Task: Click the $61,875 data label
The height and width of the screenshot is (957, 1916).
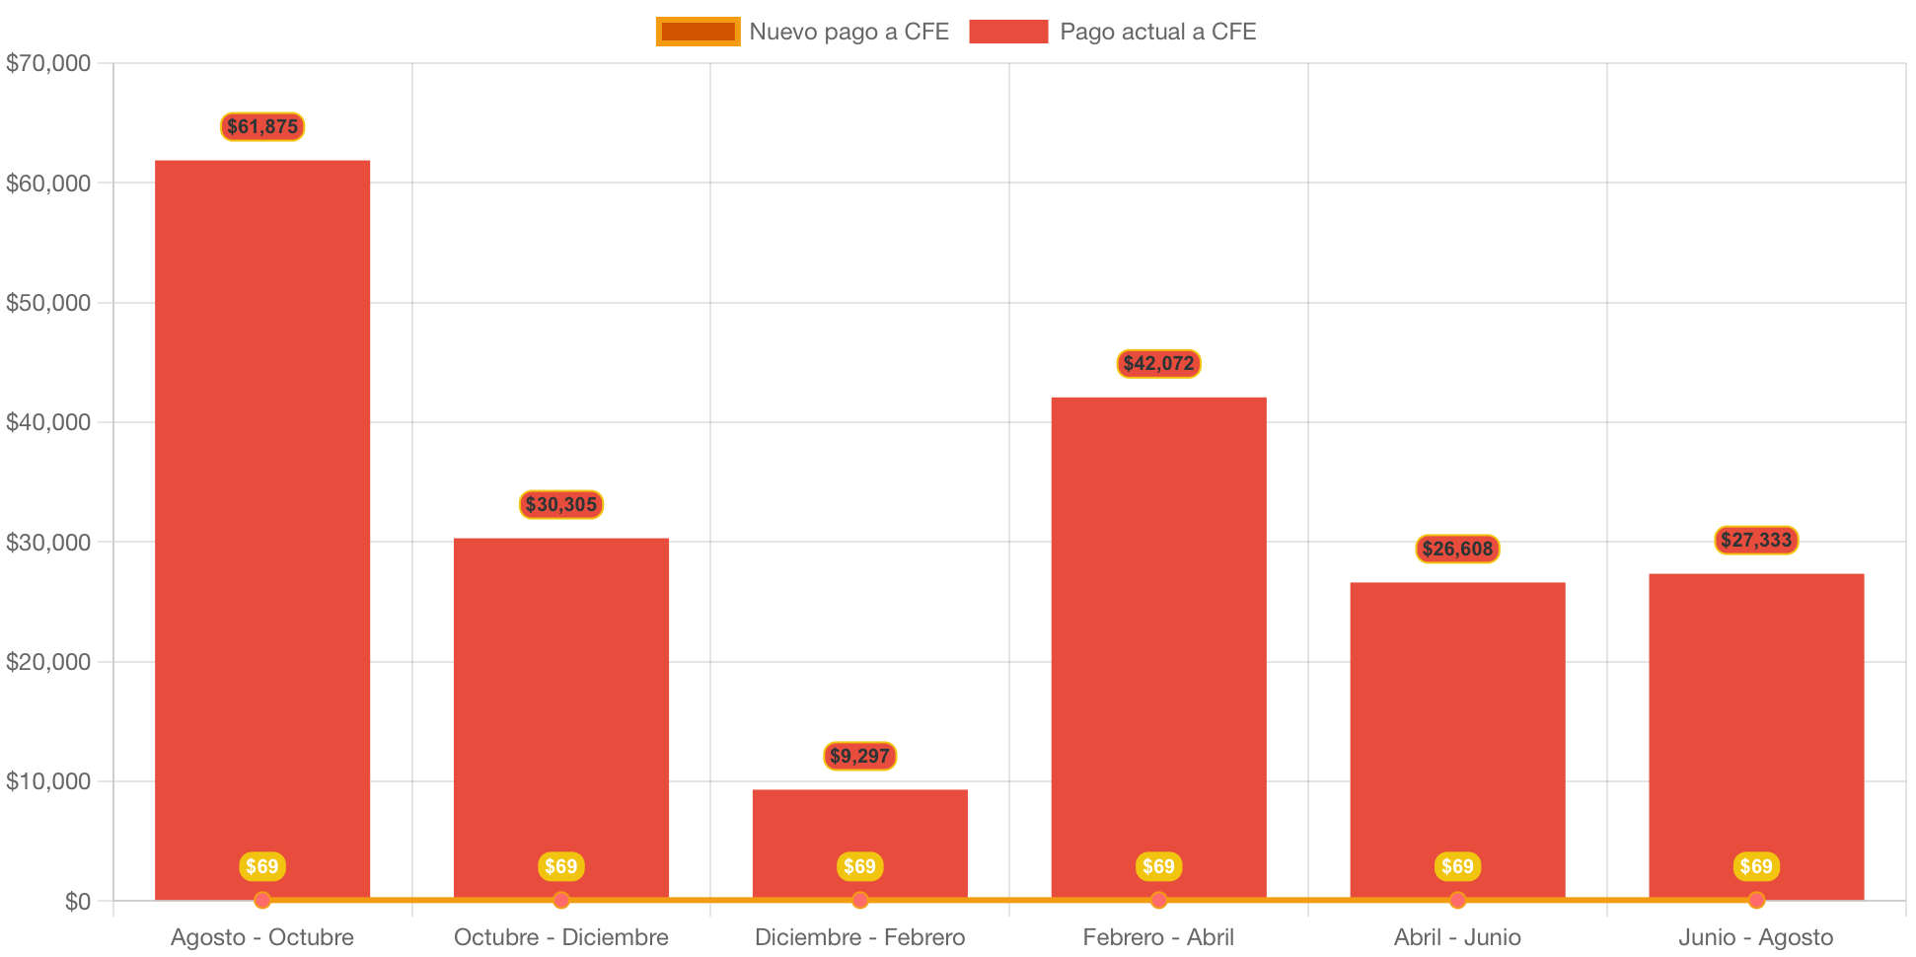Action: click(262, 126)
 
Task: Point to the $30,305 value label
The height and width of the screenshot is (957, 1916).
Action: click(561, 504)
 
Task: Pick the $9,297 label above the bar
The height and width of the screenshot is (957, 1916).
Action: click(859, 756)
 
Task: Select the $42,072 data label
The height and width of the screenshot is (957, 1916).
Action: click(1158, 363)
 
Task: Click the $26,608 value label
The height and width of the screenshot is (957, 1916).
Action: click(1457, 549)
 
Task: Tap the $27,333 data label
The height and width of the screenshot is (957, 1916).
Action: click(1756, 540)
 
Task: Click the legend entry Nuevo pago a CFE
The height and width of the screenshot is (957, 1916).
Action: click(801, 32)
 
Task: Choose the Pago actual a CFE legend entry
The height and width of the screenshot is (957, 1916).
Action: click(1113, 32)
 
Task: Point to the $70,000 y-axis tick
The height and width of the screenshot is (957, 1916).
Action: click(48, 63)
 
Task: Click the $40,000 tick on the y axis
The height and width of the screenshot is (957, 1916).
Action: click(48, 422)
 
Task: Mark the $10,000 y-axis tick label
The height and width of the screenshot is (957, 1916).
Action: click(48, 781)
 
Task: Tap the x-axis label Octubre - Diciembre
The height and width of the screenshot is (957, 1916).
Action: click(561, 936)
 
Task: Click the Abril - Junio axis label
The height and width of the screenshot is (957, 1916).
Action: click(1457, 936)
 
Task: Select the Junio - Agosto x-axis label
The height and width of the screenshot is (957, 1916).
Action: click(1756, 936)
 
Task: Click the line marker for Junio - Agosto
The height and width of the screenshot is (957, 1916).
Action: click(1756, 900)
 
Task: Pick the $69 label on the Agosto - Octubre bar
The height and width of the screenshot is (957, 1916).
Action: click(262, 866)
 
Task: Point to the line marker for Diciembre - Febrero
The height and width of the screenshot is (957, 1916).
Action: click(859, 900)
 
